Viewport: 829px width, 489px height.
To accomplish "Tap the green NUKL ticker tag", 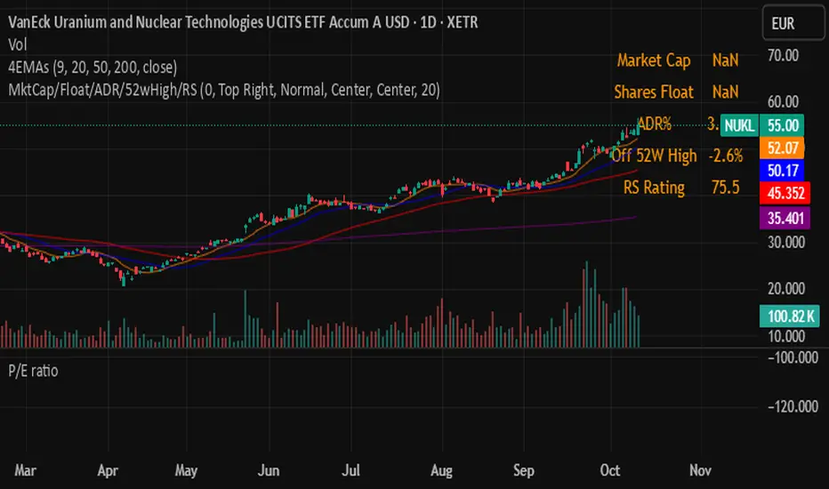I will tap(739, 125).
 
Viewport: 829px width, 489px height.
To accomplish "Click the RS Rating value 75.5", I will tap(726, 188).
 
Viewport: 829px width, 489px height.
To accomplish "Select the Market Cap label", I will tap(652, 60).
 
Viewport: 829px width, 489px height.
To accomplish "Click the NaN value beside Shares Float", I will tap(725, 92).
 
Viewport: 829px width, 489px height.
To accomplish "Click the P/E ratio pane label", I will tap(33, 371).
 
